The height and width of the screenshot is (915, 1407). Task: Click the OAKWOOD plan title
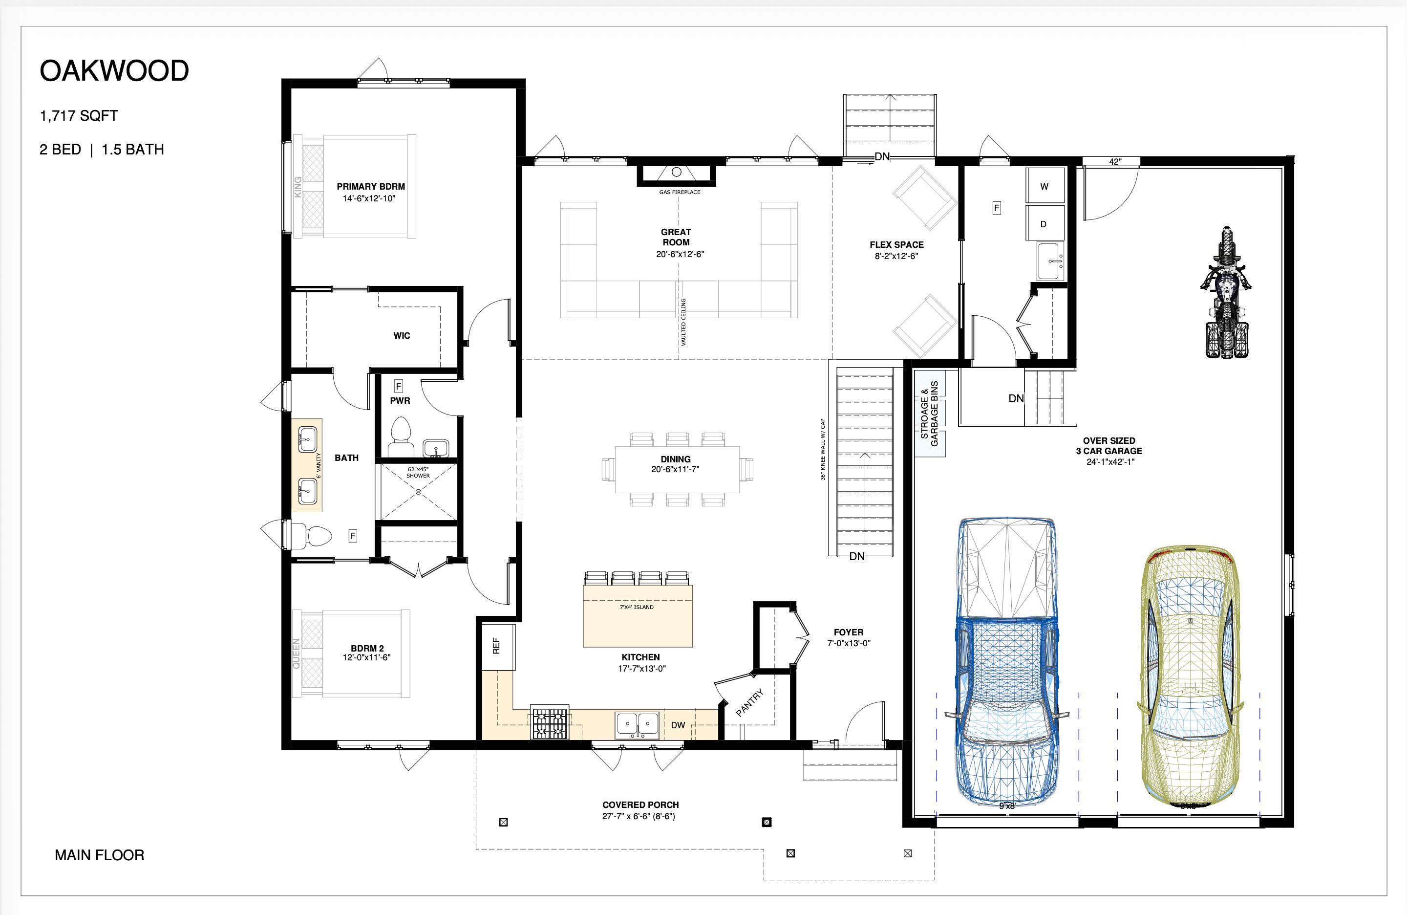(114, 71)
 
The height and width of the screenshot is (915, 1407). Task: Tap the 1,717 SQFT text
(79, 116)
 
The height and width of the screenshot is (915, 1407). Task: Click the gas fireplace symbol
(676, 175)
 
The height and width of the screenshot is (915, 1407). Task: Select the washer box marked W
(1045, 186)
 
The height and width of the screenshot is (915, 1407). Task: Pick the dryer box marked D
(1045, 223)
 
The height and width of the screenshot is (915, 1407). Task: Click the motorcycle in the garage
(1227, 292)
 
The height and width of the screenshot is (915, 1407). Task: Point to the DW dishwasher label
(678, 725)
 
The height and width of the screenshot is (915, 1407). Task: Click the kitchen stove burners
(550, 723)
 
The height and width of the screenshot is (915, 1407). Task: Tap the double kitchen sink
(637, 724)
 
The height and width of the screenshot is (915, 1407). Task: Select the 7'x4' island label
(637, 607)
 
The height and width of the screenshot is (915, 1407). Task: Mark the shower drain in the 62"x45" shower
(419, 492)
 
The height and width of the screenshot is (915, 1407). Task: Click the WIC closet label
(402, 336)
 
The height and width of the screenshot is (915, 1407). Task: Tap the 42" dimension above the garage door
(1115, 161)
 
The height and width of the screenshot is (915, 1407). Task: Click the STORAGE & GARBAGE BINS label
(929, 413)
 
